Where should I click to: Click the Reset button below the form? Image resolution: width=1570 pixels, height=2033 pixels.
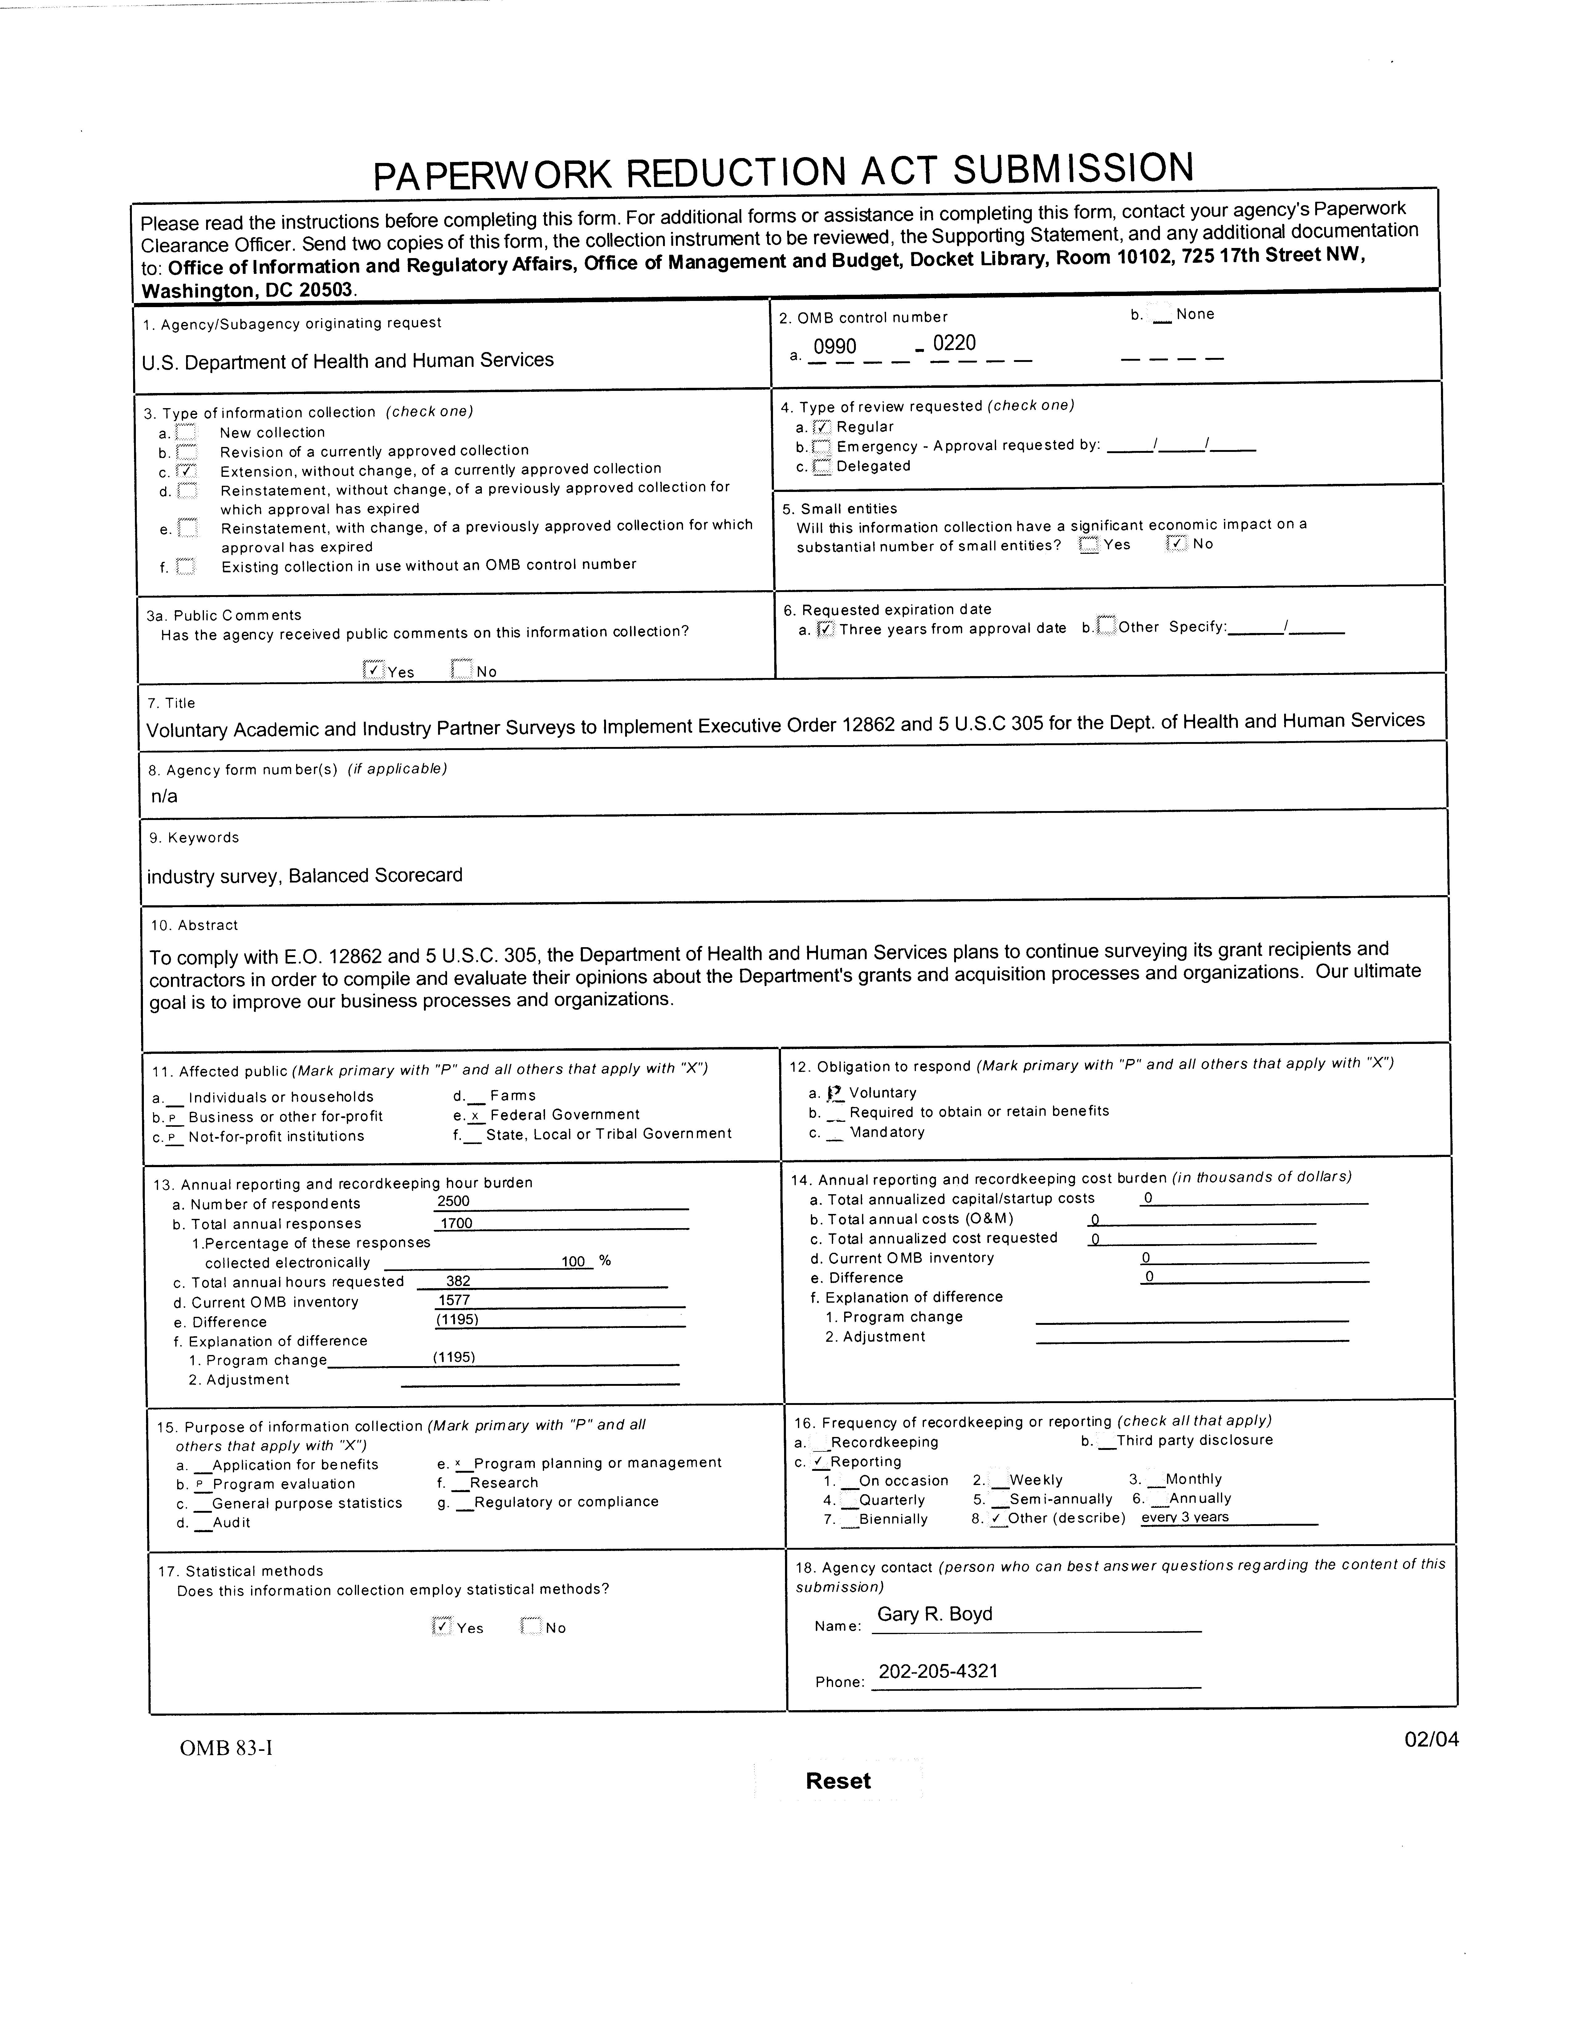(837, 1781)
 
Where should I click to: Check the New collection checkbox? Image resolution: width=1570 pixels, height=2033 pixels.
(186, 433)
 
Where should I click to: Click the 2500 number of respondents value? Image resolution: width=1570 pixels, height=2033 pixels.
(454, 1201)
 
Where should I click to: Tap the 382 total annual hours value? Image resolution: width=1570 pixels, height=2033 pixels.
(458, 1281)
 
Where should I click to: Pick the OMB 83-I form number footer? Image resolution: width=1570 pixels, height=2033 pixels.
(226, 1747)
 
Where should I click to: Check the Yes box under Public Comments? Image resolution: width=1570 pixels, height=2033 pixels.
(373, 669)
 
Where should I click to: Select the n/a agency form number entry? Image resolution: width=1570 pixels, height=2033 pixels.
(164, 796)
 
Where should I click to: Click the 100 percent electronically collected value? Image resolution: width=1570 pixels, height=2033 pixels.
(573, 1261)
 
